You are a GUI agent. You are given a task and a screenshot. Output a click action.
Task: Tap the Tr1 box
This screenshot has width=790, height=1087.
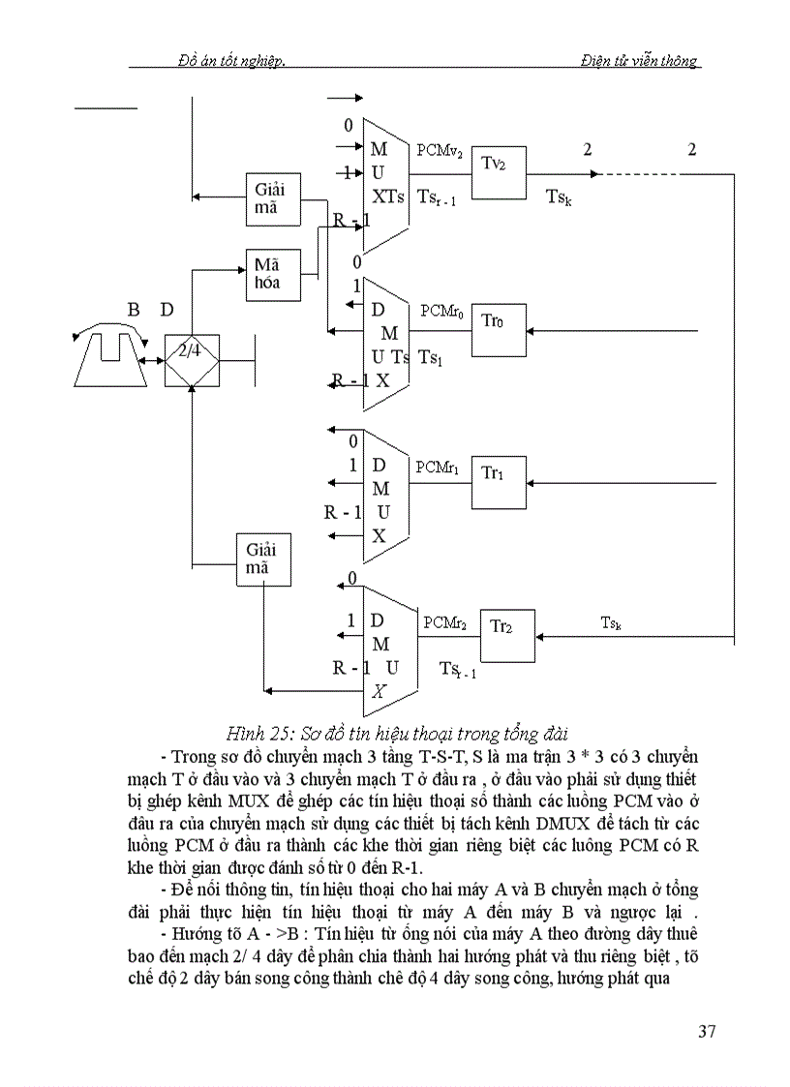tap(499, 482)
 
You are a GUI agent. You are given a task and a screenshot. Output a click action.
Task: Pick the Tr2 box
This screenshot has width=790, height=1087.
tap(507, 636)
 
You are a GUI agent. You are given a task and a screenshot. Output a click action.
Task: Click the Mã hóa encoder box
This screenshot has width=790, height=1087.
tap(272, 273)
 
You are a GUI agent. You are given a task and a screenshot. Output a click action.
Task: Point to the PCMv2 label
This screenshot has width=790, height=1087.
tap(440, 152)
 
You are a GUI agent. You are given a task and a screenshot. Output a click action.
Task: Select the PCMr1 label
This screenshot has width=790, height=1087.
tap(441, 467)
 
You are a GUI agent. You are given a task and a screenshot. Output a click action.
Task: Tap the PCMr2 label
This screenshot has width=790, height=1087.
tap(445, 623)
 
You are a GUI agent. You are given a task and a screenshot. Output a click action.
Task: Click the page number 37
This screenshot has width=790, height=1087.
tap(707, 1031)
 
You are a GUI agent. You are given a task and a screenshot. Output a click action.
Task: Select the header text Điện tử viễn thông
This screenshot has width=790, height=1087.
tap(639, 60)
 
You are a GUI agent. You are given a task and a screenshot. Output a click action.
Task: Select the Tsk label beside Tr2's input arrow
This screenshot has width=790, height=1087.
tap(611, 623)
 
